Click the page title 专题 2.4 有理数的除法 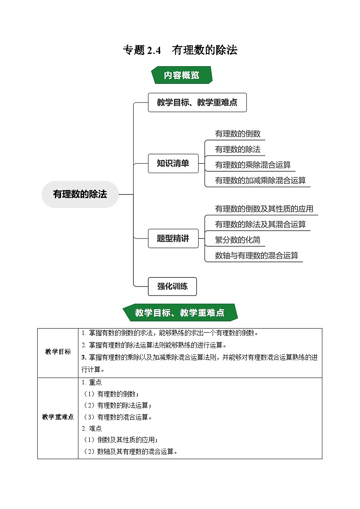[x=180, y=50]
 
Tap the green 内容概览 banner [x=181, y=75]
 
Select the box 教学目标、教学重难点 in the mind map [x=197, y=102]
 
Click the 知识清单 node [x=173, y=164]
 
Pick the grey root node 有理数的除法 [x=80, y=194]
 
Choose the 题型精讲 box [x=173, y=238]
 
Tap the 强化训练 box [x=172, y=286]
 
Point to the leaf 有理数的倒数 [x=238, y=134]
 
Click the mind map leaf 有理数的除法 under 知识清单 [x=238, y=149]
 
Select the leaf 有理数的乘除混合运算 [x=253, y=165]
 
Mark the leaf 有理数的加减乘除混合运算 [x=260, y=180]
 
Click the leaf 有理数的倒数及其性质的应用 [x=264, y=209]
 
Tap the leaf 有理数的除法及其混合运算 [x=260, y=224]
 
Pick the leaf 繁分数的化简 [x=238, y=240]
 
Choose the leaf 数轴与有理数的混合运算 [x=257, y=255]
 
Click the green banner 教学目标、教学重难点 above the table [x=180, y=313]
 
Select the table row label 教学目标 [x=58, y=352]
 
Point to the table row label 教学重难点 [x=58, y=417]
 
